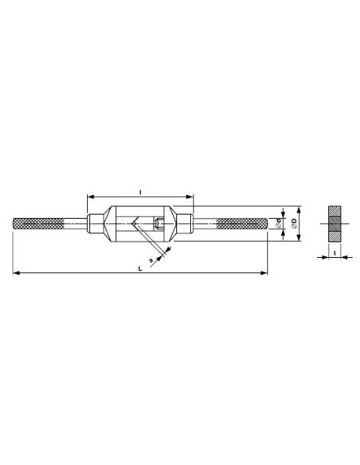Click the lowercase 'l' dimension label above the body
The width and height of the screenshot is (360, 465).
click(140, 191)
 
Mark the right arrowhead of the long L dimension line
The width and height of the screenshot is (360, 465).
click(265, 274)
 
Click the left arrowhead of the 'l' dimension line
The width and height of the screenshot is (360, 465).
click(88, 196)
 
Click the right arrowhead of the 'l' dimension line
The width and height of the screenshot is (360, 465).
click(192, 196)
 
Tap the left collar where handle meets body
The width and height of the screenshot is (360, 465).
click(95, 224)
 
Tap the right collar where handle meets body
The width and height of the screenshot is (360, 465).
click(186, 224)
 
